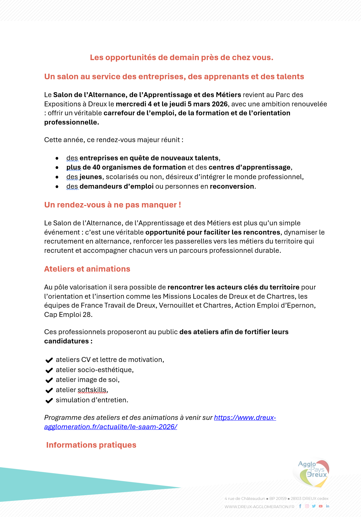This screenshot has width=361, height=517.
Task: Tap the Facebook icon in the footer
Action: (300, 506)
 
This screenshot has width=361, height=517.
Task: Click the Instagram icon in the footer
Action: (307, 506)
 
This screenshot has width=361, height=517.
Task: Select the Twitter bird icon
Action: (314, 506)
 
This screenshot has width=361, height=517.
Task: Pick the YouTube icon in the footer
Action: (321, 506)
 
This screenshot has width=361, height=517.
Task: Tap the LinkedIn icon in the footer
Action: (328, 506)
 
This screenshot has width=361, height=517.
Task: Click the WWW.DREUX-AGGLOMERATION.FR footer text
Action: (259, 507)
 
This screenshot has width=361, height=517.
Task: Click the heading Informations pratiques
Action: (91, 445)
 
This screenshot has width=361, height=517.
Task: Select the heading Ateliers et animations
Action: (87, 269)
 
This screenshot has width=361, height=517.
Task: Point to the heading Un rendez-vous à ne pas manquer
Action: (112, 205)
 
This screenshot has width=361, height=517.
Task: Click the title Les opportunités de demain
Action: (181, 57)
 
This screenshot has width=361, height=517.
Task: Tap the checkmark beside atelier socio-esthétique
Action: (49, 370)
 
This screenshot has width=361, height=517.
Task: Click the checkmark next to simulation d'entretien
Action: (49, 401)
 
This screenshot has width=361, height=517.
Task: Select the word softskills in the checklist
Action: (92, 390)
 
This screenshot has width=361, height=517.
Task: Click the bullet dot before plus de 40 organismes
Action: (57, 168)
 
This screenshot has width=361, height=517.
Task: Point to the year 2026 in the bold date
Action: (219, 104)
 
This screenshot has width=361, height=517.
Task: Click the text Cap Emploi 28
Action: (68, 314)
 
